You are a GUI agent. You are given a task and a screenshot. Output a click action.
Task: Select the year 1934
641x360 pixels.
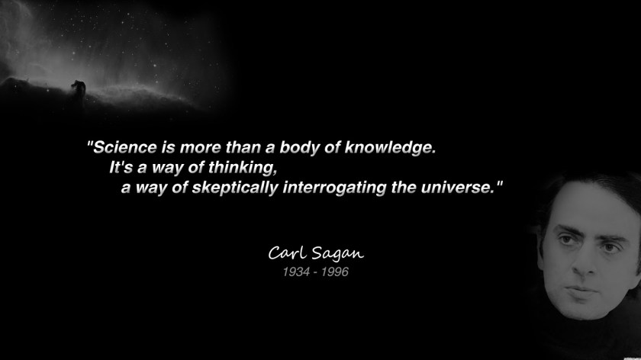click(x=295, y=272)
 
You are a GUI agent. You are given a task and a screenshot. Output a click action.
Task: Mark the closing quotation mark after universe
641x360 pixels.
click(x=501, y=184)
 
